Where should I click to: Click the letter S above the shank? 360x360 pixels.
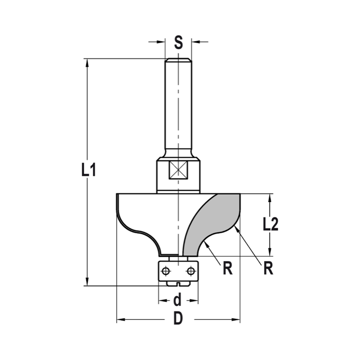pyautogui.click(x=179, y=42)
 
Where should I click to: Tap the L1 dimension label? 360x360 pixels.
pyautogui.click(x=88, y=170)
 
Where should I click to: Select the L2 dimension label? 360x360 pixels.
pyautogui.click(x=270, y=225)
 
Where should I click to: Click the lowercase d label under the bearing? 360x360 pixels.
pyautogui.click(x=177, y=300)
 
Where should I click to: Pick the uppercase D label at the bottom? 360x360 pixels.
pyautogui.click(x=178, y=319)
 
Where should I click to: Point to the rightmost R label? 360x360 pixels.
pyautogui.click(x=267, y=268)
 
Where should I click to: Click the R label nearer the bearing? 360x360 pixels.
pyautogui.click(x=227, y=269)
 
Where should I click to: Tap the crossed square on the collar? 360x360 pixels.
pyautogui.click(x=179, y=170)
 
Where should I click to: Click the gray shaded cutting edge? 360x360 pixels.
pyautogui.click(x=216, y=220)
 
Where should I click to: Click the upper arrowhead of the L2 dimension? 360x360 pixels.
pyautogui.click(x=270, y=198)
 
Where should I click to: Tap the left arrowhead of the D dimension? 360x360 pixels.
pyautogui.click(x=121, y=319)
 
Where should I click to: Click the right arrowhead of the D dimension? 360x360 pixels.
pyautogui.click(x=235, y=319)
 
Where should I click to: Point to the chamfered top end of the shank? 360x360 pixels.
pyautogui.click(x=178, y=60)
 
